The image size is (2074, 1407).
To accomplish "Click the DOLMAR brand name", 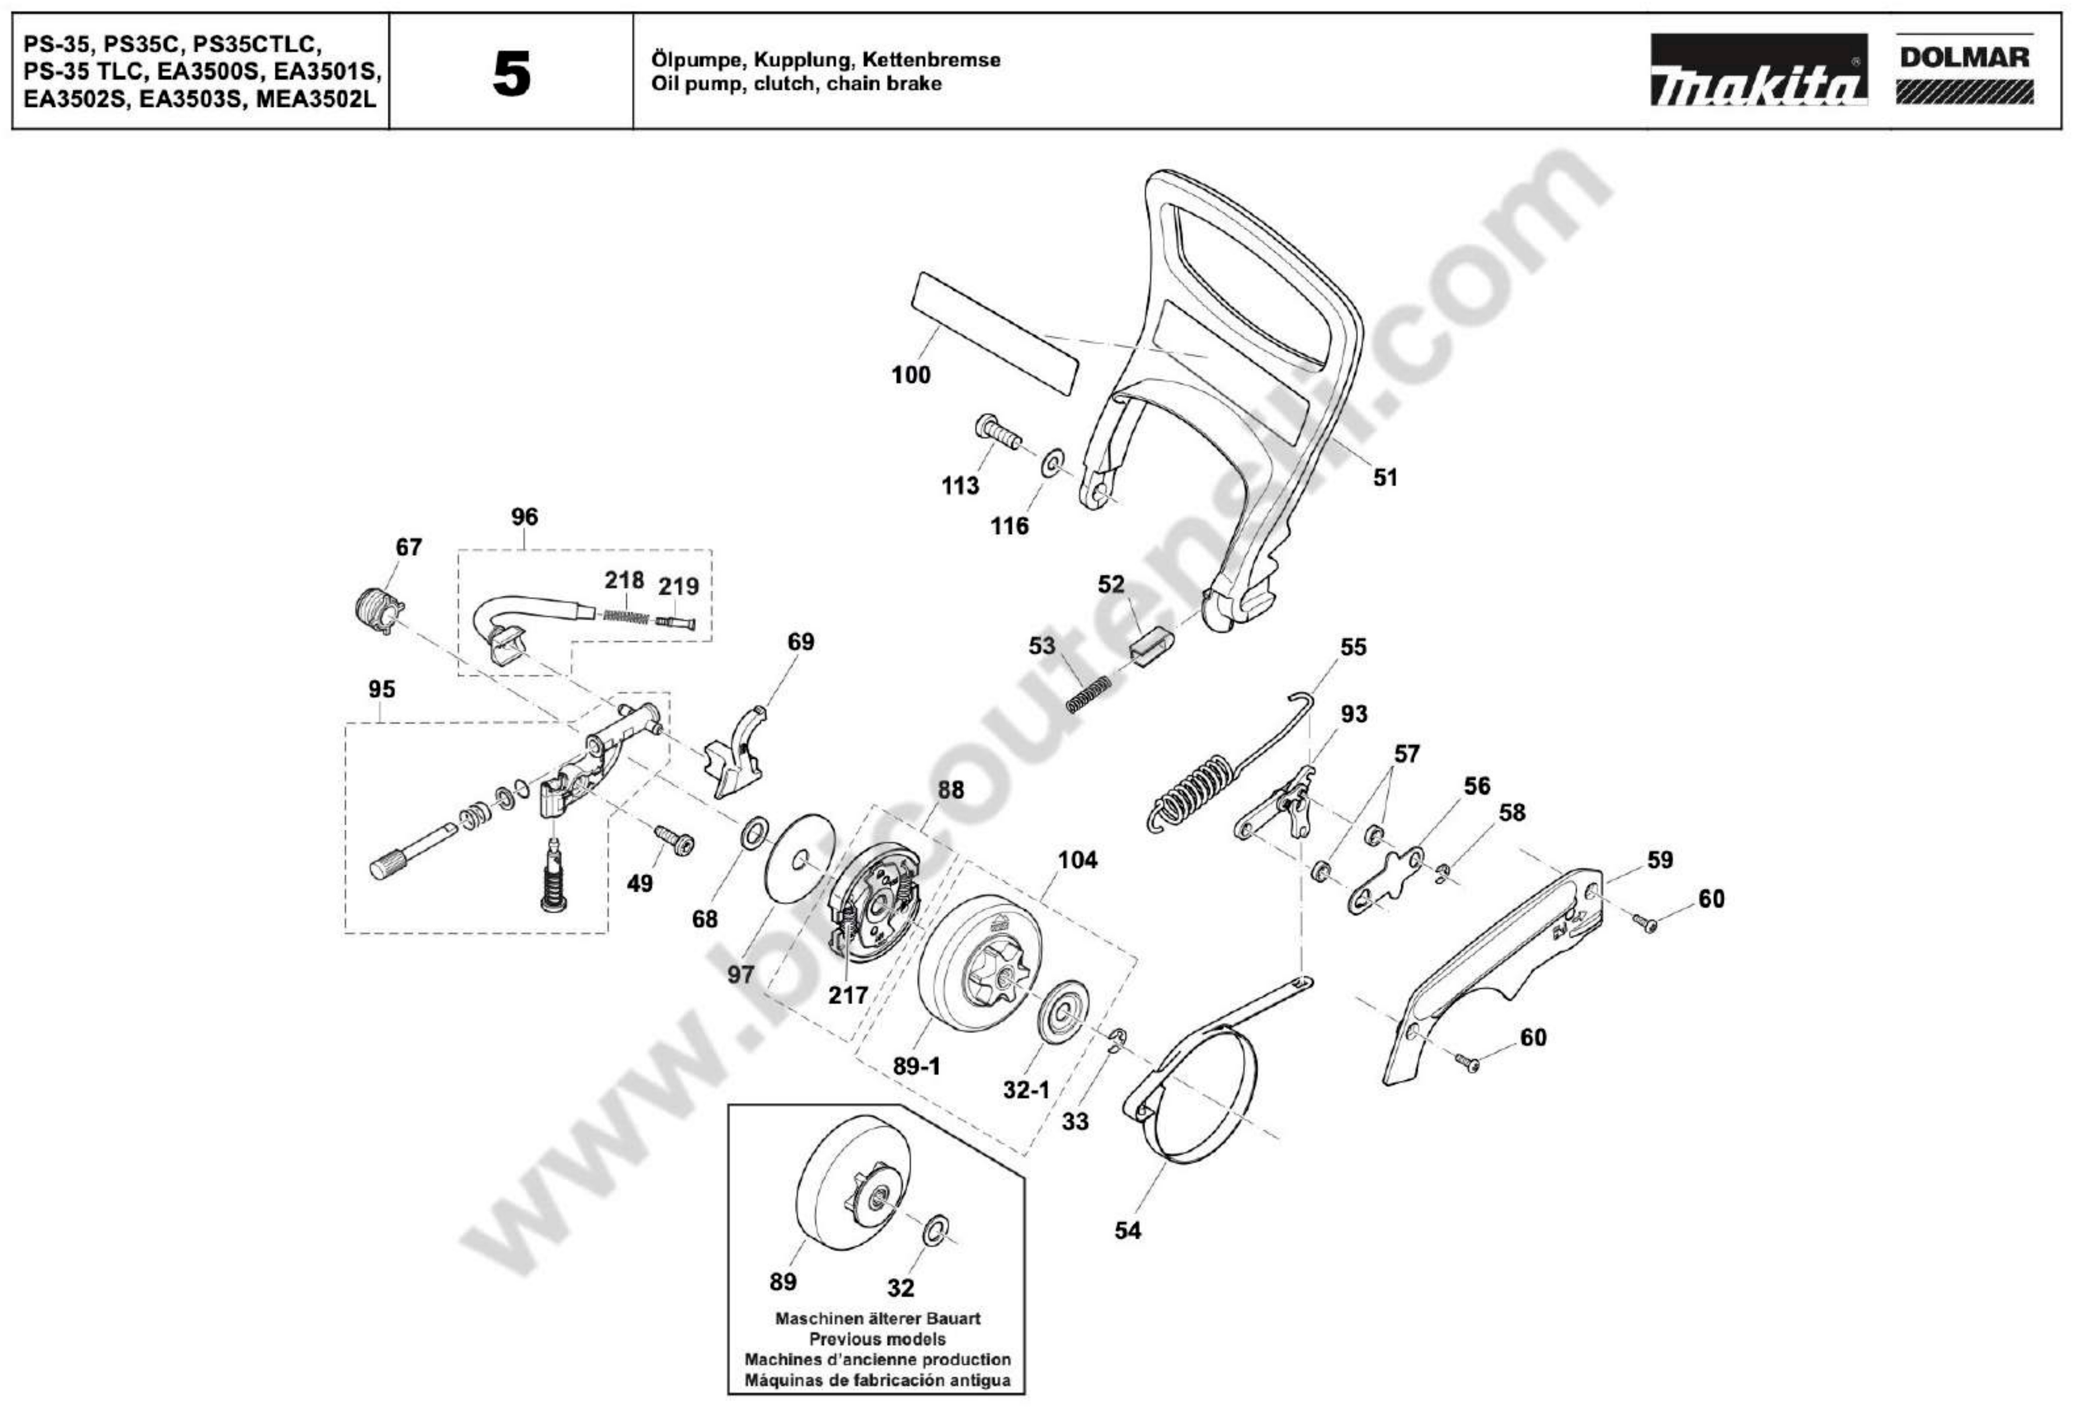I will pyautogui.click(x=1964, y=57).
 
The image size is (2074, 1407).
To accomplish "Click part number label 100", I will pyautogui.click(x=910, y=375).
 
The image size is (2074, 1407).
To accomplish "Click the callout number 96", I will pyautogui.click(x=525, y=517).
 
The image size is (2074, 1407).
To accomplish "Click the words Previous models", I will pyautogui.click(x=877, y=1339).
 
